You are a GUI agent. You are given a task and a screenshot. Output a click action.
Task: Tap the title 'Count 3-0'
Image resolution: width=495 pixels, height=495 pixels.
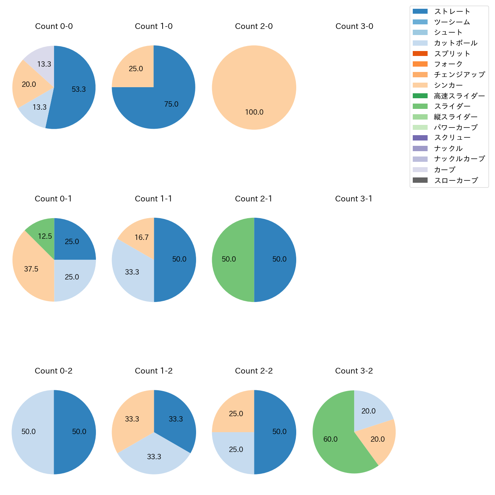[x=354, y=26]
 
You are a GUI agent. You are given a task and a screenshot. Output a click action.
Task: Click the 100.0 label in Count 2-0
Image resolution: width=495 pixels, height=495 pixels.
[x=254, y=112]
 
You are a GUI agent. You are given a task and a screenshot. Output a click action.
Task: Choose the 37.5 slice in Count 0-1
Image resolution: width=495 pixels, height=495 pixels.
[x=30, y=268]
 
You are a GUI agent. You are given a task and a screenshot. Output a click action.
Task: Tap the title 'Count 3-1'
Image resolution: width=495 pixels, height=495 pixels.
[x=354, y=199]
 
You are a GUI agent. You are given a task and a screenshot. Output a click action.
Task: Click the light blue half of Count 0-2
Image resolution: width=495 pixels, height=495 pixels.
[x=30, y=432]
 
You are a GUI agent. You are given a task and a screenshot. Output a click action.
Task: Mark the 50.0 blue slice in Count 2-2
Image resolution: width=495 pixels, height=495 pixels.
[x=278, y=432]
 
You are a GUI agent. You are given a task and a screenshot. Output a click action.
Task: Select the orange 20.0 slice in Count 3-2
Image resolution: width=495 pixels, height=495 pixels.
[x=379, y=439]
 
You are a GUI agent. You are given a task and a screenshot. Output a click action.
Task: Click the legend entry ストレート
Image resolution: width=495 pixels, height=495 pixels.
[x=452, y=11]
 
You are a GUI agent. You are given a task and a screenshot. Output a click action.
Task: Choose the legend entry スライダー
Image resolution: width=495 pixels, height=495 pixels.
[x=452, y=106]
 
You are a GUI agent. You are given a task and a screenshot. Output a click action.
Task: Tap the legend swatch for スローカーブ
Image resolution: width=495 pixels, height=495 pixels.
[x=420, y=180]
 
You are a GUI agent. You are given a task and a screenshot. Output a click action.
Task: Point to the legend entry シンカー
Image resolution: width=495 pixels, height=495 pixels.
[x=448, y=85]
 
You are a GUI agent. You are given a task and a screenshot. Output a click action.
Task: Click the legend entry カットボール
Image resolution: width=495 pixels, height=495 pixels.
[x=455, y=43]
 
